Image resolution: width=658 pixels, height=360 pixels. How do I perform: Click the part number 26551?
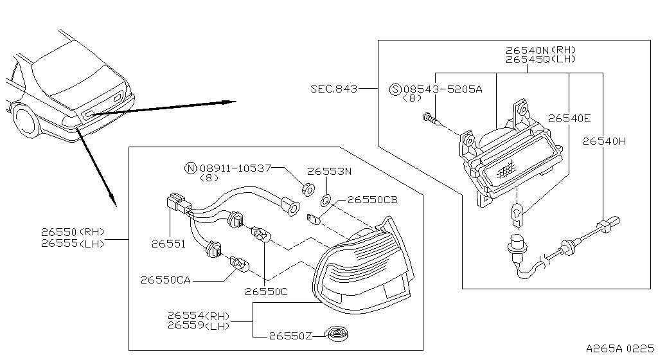(168, 244)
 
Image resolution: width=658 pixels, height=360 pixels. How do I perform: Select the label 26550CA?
(164, 280)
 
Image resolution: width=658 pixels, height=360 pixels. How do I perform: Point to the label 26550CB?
(373, 200)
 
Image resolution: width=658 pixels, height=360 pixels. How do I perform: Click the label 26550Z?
(290, 336)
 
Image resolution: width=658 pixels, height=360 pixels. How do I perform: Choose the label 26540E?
(569, 118)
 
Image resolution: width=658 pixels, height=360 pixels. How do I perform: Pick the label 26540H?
(603, 141)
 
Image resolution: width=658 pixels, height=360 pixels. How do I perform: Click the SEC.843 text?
(334, 89)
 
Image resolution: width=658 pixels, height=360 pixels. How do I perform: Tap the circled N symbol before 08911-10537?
(190, 168)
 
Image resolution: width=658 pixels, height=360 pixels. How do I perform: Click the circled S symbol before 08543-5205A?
(395, 89)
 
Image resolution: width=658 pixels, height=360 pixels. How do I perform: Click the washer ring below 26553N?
(326, 200)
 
